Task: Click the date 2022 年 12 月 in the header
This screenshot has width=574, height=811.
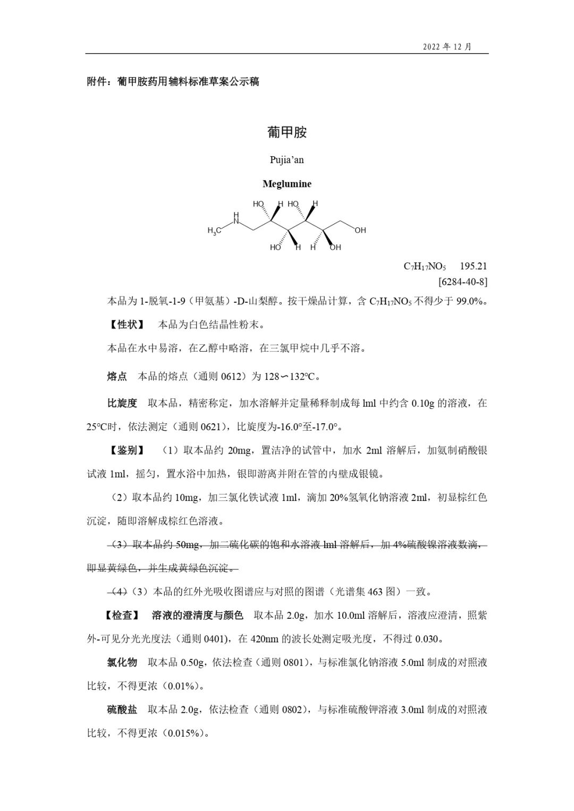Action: click(x=447, y=46)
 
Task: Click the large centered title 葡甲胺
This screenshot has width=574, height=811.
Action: click(x=287, y=132)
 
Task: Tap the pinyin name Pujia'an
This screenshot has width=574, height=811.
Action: click(x=287, y=159)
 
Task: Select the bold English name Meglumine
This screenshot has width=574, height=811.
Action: click(x=287, y=184)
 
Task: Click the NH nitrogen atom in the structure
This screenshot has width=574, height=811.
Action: click(x=237, y=218)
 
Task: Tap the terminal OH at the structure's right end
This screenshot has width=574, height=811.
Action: click(x=360, y=231)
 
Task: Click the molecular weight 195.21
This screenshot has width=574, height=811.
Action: click(x=474, y=266)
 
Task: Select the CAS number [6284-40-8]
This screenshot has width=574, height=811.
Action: click(x=462, y=281)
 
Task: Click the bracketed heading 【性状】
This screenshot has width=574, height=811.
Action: click(x=125, y=324)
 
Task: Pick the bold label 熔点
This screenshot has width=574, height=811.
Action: click(x=117, y=377)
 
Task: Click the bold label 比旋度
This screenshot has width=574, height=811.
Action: click(x=122, y=403)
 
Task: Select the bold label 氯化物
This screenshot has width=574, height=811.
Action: click(x=122, y=662)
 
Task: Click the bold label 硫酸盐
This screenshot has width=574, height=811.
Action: click(x=122, y=710)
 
